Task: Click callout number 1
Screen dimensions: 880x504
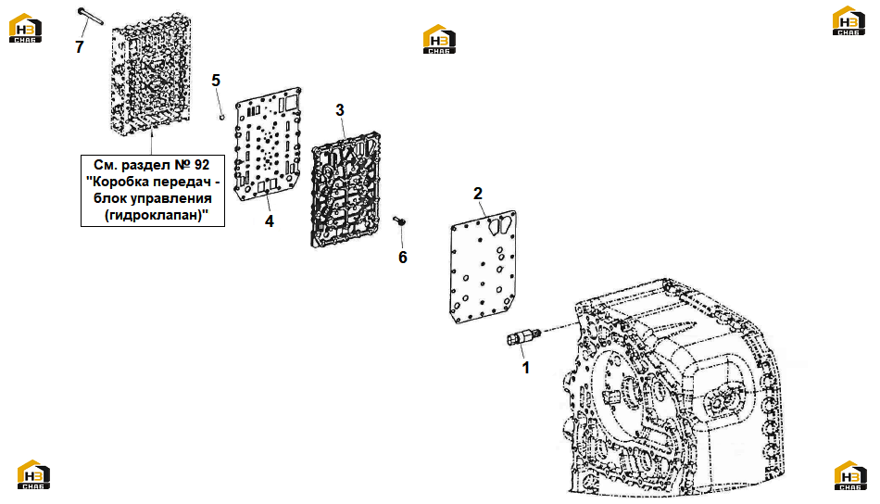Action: coord(526,368)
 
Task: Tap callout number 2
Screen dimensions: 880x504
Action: coord(478,194)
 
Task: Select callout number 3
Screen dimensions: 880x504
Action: coord(340,110)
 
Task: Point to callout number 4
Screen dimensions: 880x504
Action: coord(270,221)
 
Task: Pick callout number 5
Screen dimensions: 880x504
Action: coord(216,81)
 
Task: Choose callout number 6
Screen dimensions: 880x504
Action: coord(402,257)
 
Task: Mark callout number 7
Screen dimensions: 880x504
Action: coord(79,47)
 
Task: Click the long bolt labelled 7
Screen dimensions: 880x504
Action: coord(91,17)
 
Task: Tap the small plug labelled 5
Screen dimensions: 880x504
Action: coord(222,118)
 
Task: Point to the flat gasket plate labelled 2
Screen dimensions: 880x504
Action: coord(484,267)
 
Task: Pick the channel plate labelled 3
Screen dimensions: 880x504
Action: coord(346,190)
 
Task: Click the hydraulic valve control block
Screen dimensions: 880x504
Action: coord(151,73)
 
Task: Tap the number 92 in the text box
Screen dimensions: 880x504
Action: coord(202,165)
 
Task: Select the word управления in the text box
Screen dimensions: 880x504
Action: coord(177,198)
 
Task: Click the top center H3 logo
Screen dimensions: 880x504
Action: coord(439,39)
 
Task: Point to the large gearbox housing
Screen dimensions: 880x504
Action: coord(673,387)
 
